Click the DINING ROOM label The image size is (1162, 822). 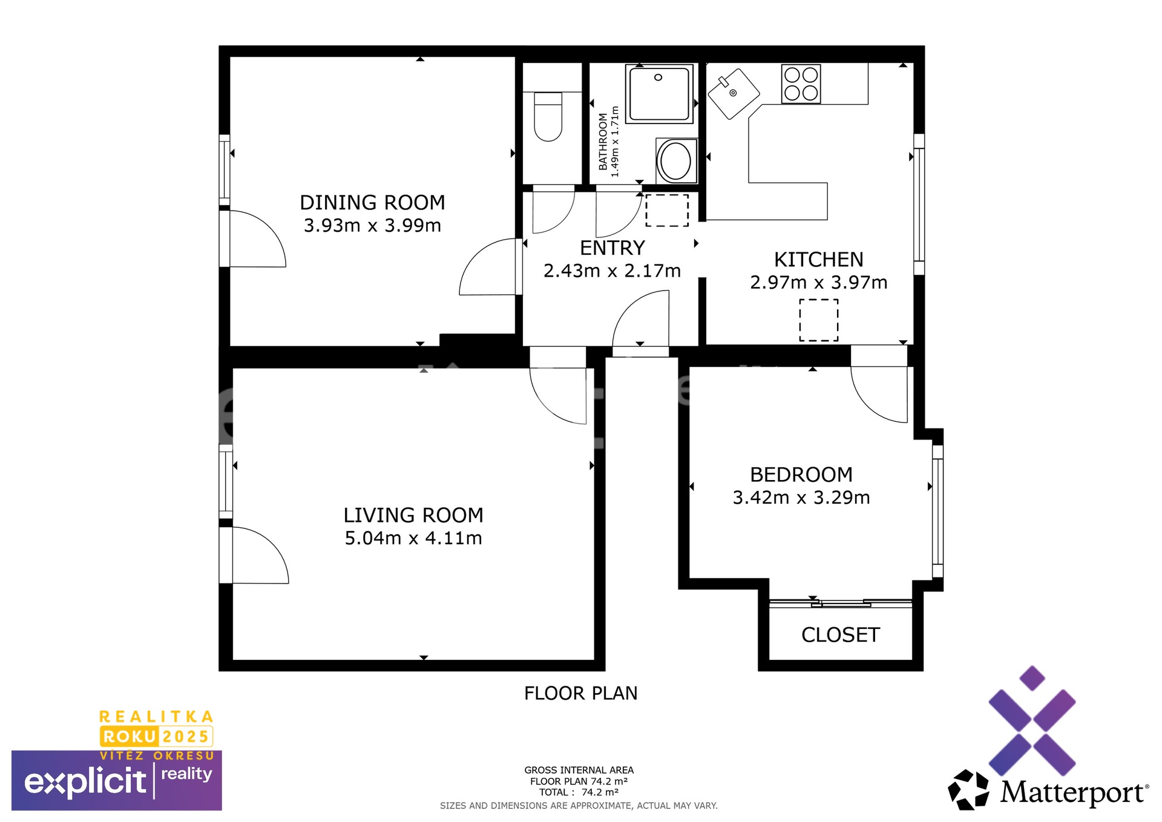(372, 202)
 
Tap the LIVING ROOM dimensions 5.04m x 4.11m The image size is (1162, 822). (413, 538)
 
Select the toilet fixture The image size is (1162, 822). (549, 116)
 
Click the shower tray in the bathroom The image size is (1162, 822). (660, 94)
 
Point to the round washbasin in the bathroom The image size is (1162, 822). (676, 161)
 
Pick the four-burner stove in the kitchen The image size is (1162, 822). (801, 84)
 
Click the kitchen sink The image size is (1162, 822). (734, 93)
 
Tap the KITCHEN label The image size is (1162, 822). (819, 260)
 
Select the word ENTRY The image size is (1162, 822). (612, 248)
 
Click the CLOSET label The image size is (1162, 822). (841, 635)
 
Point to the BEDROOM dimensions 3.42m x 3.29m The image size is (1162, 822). (801, 498)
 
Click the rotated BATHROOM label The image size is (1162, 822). (603, 142)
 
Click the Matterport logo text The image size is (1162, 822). (1073, 792)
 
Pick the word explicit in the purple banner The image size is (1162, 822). (85, 781)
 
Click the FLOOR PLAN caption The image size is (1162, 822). (581, 693)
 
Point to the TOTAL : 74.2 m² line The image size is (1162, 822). (579, 792)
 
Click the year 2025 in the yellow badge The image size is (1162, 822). (186, 737)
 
